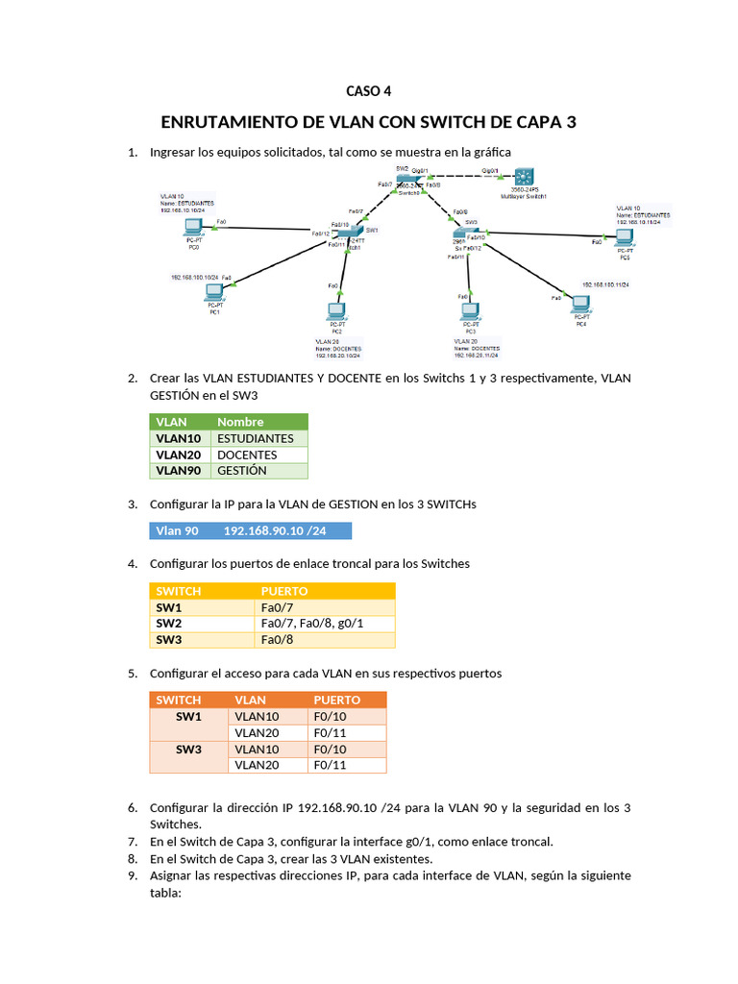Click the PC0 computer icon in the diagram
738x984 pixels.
(x=193, y=229)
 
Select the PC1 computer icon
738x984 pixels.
(x=214, y=291)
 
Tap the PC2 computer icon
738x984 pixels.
(x=336, y=311)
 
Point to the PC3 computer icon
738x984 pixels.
(x=470, y=311)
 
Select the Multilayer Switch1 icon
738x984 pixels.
(x=524, y=178)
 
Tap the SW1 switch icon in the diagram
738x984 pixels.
(x=355, y=234)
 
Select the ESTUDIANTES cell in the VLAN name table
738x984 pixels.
(x=256, y=438)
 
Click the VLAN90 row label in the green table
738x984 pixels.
(x=178, y=471)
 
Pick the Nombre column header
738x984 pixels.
(x=240, y=422)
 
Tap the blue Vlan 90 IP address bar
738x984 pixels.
(x=251, y=530)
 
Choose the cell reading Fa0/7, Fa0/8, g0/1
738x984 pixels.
(x=312, y=624)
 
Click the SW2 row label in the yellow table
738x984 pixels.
(x=169, y=624)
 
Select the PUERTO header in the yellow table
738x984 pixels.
(x=284, y=591)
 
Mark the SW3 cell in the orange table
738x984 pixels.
(x=188, y=749)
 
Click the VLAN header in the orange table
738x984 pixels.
(x=250, y=700)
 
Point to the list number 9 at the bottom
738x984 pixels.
(x=133, y=875)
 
